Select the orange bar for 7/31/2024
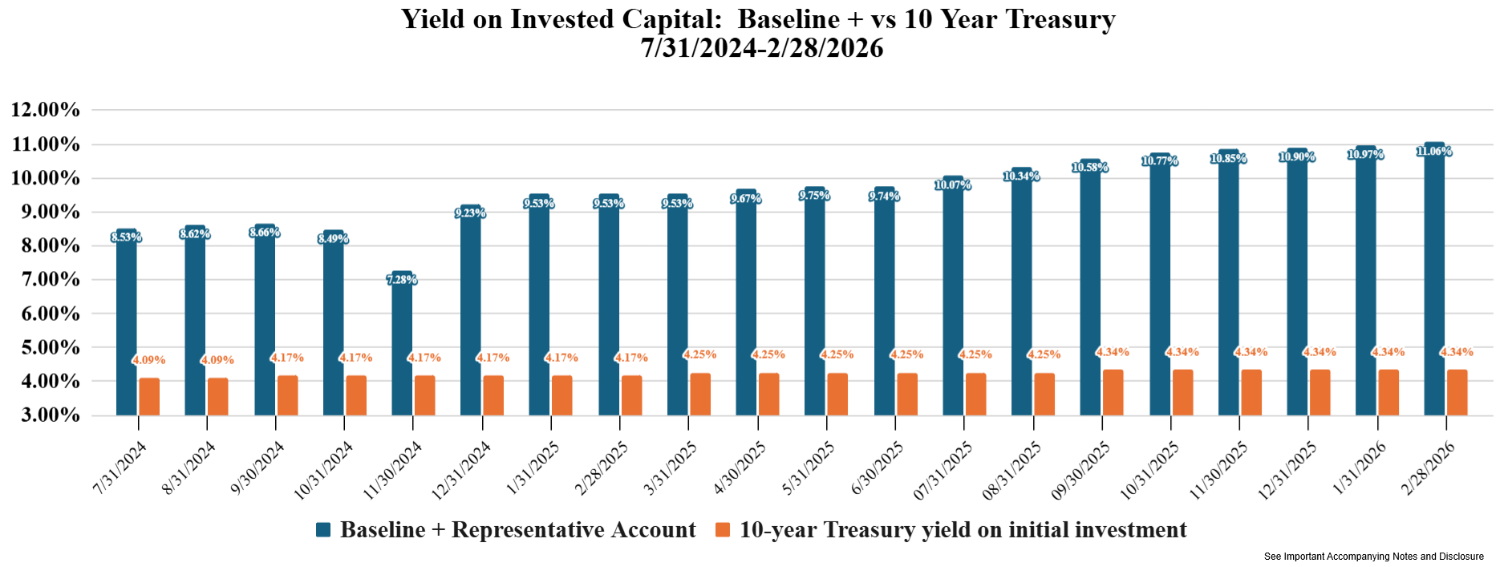point(149,397)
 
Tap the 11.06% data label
point(1434,152)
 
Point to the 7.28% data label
point(402,280)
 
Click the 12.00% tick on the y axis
point(46,110)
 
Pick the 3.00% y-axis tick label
point(46,415)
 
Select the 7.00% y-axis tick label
point(46,280)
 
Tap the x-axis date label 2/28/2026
point(1429,469)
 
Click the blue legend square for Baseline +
point(323,530)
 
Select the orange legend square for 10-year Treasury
point(723,530)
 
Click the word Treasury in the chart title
point(1060,18)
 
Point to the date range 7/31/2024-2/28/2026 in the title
point(761,48)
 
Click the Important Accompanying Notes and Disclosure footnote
point(1373,557)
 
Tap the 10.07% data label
point(953,185)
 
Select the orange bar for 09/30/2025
point(1113,393)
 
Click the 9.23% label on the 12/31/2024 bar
point(470,213)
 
